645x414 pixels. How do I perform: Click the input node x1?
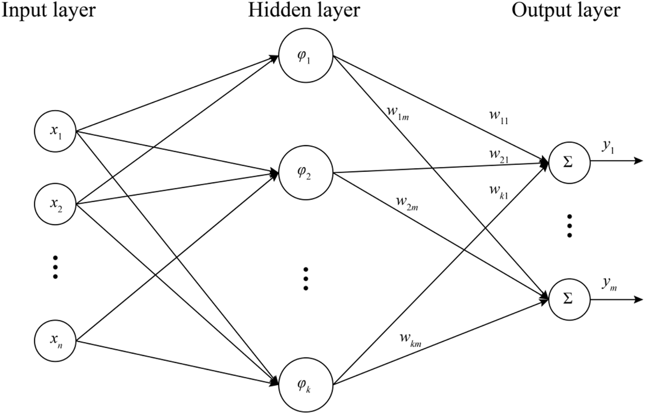pos(56,132)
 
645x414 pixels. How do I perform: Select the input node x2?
pos(56,204)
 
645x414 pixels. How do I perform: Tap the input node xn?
pos(56,341)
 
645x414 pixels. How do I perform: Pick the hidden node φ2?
pos(305,173)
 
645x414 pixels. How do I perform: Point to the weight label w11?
pos(498,118)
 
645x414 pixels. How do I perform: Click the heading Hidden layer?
pos(303,10)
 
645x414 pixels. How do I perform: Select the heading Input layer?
pos(49,10)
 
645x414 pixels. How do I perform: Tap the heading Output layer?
pos(566,10)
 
